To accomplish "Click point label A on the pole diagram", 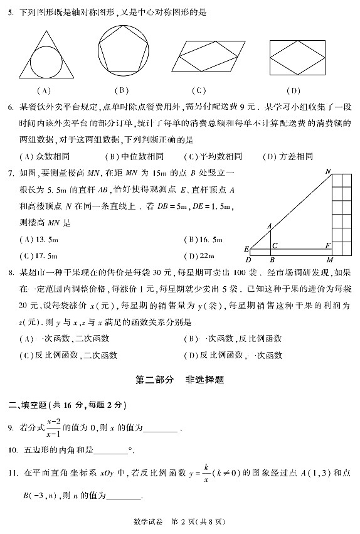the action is (x=269, y=227).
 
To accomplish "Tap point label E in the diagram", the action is (x=246, y=248).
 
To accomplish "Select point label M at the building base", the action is (x=330, y=259).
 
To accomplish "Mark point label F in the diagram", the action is (x=327, y=246).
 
